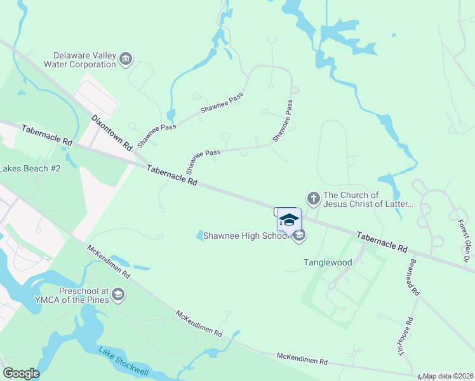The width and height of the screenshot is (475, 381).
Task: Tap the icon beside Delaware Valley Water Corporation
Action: [x=126, y=60]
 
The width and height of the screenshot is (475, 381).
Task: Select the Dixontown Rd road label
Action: [x=111, y=132]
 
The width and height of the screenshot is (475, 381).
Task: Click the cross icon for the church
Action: [x=312, y=199]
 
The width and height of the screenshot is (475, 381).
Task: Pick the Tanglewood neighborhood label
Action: [x=328, y=262]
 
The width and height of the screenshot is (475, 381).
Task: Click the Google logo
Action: [x=21, y=373]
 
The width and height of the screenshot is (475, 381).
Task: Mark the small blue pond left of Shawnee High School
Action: [x=200, y=236]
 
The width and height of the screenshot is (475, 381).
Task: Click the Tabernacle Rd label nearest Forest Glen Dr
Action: [x=381, y=241]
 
